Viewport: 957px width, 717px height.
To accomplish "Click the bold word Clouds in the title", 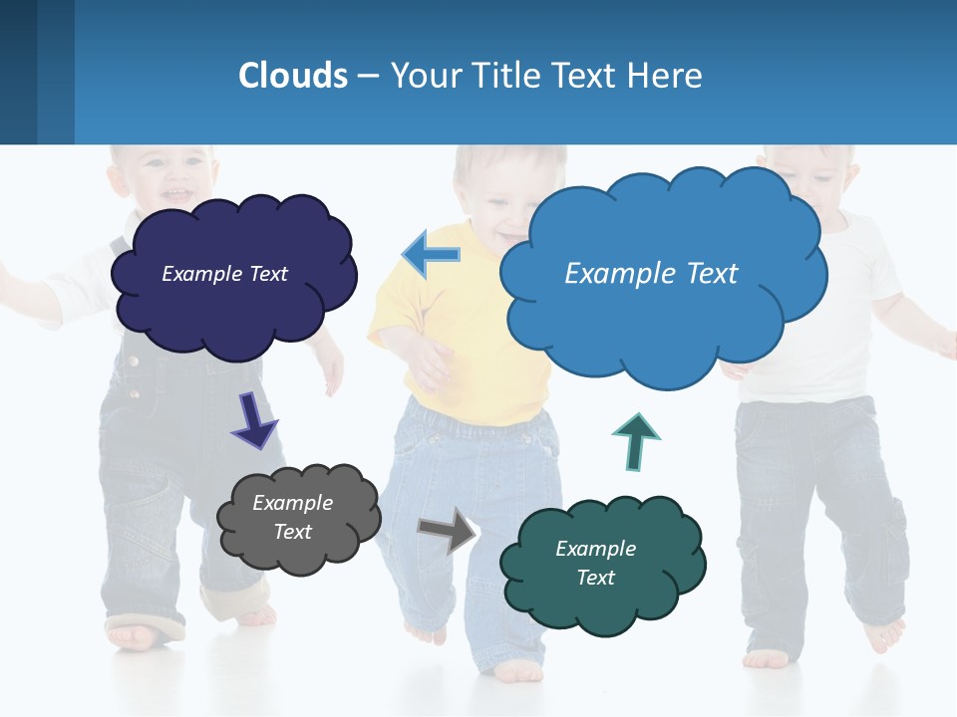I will click(x=292, y=76).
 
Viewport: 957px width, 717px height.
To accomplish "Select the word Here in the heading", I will click(x=669, y=76).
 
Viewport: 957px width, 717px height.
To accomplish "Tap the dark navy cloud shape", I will click(x=234, y=309).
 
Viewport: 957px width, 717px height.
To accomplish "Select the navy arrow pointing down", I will click(x=253, y=420).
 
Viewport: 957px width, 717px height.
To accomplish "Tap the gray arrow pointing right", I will click(x=448, y=530).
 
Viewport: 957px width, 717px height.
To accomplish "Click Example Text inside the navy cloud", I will click(x=224, y=274).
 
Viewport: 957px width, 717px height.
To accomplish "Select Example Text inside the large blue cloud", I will click(x=651, y=274).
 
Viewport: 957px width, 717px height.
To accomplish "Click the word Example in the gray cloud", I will click(x=292, y=503).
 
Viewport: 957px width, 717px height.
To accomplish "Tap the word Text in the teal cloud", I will click(x=595, y=578).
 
